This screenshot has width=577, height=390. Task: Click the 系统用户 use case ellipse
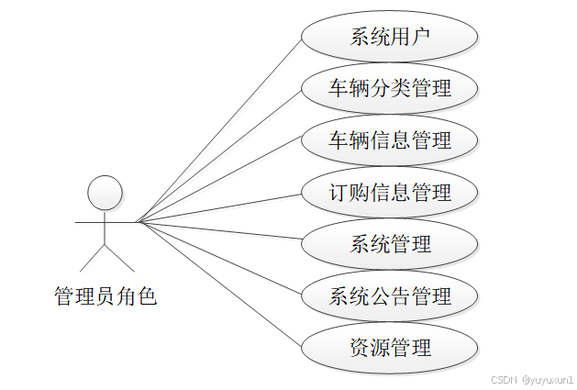tap(390, 38)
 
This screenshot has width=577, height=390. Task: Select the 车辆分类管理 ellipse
tap(390, 89)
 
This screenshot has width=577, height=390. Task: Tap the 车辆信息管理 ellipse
tap(390, 140)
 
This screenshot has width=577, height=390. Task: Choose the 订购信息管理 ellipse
tap(390, 193)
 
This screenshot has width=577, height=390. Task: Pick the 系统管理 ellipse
tap(390, 244)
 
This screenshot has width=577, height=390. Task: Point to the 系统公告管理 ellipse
tap(390, 295)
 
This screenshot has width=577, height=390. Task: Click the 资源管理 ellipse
tap(390, 348)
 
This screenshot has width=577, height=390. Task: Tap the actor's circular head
tap(105, 193)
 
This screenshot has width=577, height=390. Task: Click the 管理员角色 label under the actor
tap(105, 295)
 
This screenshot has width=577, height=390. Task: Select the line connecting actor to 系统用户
tap(220, 128)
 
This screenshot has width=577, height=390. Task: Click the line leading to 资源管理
tap(220, 284)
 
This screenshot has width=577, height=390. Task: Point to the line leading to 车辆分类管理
tap(220, 154)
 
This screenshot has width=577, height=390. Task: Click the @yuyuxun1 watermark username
tap(547, 378)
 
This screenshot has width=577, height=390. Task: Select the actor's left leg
tap(93, 258)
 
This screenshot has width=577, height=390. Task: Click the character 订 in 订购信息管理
tap(338, 193)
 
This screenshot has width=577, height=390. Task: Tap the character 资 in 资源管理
tap(360, 348)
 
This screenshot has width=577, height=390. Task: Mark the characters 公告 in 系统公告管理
tap(390, 295)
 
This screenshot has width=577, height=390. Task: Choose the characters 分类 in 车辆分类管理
tap(390, 89)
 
